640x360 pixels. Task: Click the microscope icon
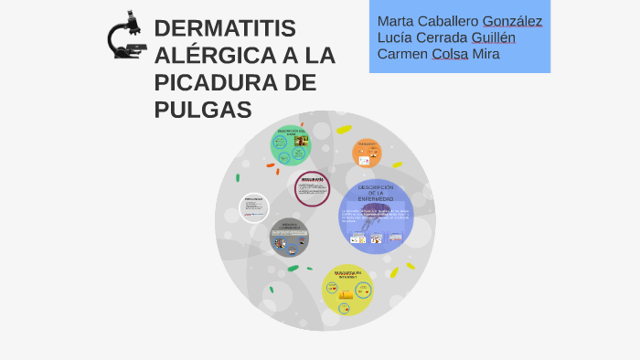point(125,36)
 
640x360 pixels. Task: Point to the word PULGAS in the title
point(202,111)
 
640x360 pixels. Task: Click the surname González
point(512,21)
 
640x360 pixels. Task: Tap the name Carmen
point(403,54)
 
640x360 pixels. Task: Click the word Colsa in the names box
point(451,54)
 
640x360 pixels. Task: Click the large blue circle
point(377,217)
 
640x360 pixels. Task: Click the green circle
point(291,145)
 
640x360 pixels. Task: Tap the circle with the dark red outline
point(313,188)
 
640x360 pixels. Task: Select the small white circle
point(254,207)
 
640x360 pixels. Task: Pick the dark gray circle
point(289,238)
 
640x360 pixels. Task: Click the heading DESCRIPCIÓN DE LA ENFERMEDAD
point(376,193)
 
